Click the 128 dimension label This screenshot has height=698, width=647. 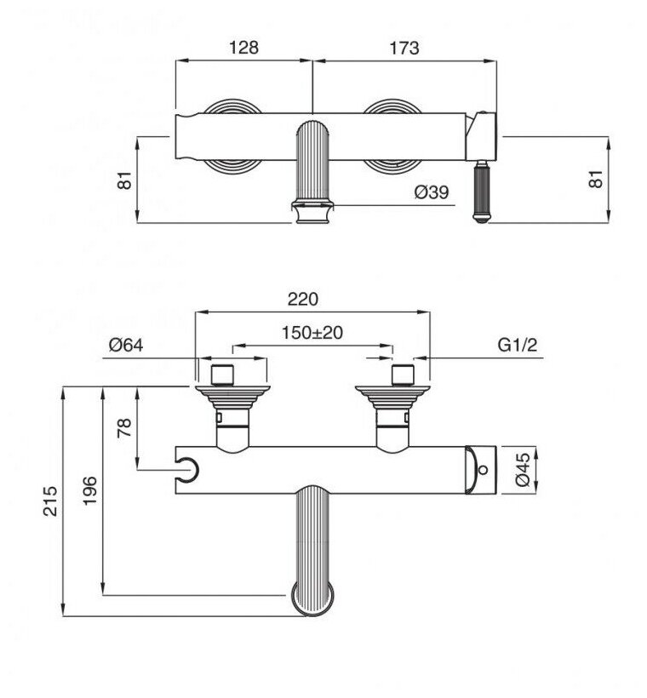pos(243,47)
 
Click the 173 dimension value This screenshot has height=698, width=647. pos(404,48)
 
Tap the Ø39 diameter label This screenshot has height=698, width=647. pos(432,192)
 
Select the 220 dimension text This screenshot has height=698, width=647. pos(303,299)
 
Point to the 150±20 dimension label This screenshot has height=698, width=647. pos(312,333)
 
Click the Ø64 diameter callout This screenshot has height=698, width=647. pos(126,345)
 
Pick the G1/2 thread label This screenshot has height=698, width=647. pos(518,345)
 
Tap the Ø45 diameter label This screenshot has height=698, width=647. pos(523,470)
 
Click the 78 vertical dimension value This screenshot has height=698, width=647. pos(124,428)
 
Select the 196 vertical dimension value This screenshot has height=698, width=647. pos(90,490)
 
